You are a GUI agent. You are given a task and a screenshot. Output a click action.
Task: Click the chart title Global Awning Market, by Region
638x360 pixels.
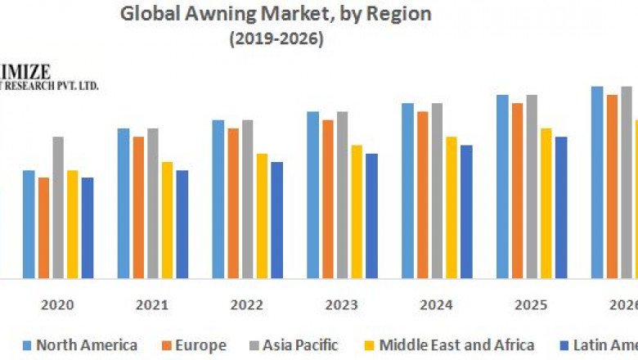tap(276, 14)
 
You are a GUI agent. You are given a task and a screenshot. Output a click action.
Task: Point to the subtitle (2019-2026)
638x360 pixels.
tap(276, 39)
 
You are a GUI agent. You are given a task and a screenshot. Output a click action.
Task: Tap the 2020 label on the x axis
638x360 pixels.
tap(57, 305)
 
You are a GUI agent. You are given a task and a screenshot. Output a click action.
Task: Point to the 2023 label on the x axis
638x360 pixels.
tap(341, 305)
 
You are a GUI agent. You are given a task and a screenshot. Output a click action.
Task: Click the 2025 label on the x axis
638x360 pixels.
tap(531, 305)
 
